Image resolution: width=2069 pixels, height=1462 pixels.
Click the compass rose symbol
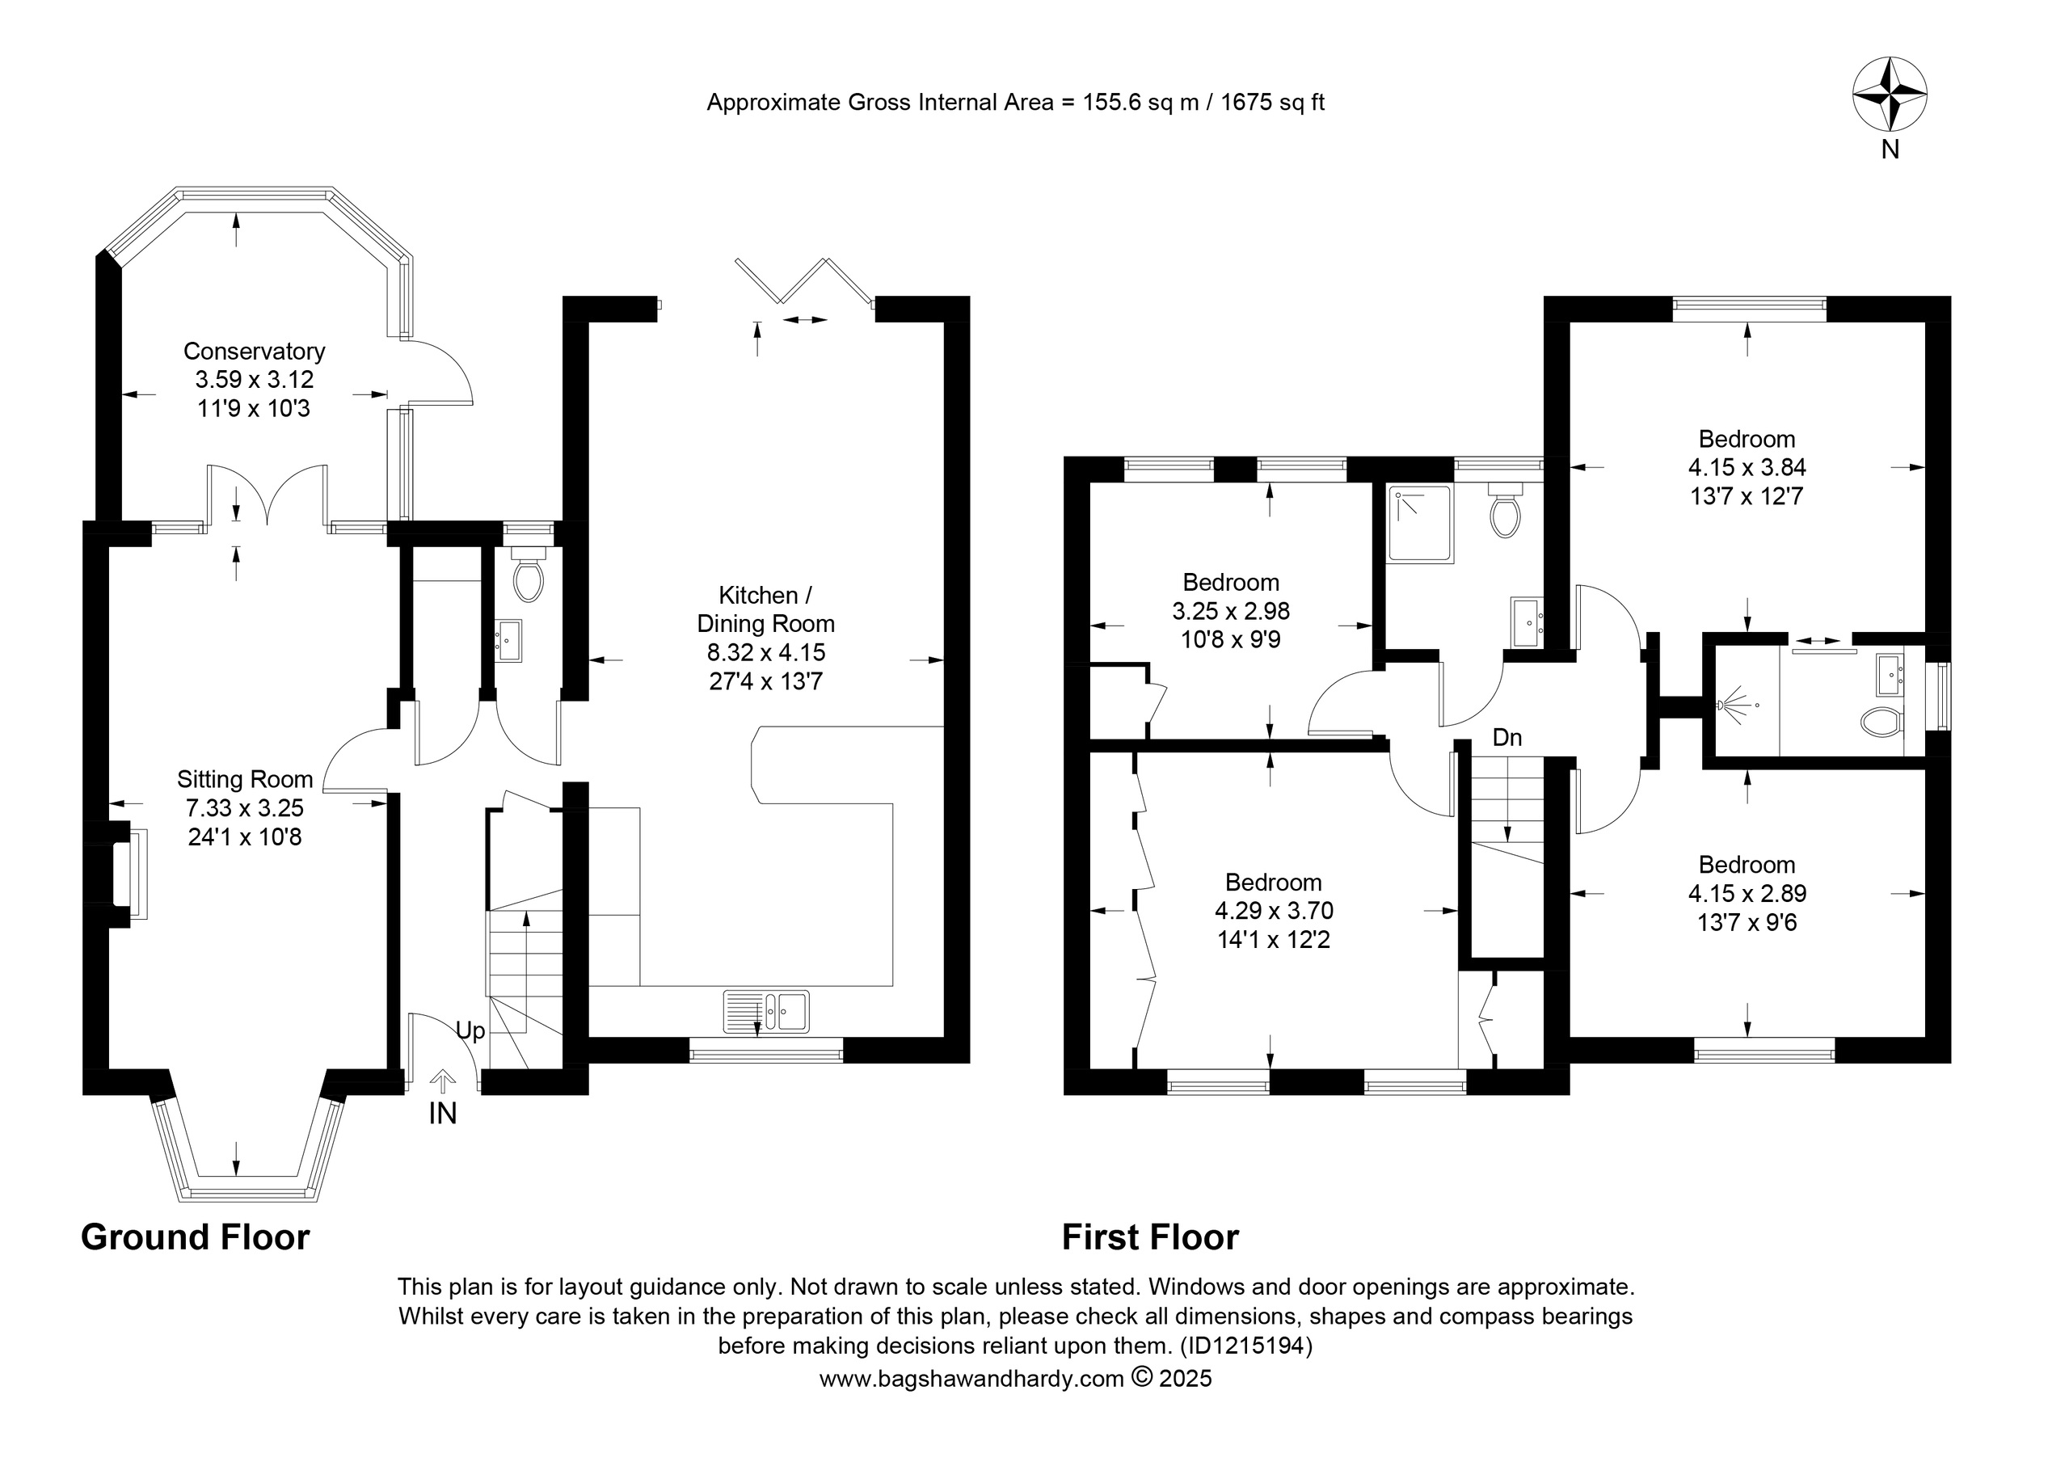(1890, 118)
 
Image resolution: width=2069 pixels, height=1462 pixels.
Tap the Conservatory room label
(254, 351)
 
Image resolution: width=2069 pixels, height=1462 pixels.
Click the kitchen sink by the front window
(766, 1010)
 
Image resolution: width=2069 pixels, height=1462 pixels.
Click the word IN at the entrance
(442, 1114)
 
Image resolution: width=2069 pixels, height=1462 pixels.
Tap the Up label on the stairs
(470, 1031)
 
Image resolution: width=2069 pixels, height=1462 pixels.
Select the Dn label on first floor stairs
(1506, 737)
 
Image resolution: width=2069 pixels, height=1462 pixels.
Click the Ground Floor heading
(196, 1237)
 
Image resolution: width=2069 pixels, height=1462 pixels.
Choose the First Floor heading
(1151, 1237)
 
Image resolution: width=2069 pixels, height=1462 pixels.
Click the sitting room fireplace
(127, 874)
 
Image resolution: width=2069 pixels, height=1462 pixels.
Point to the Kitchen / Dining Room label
(766, 609)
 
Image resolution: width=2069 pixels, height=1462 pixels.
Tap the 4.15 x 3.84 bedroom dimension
(1747, 467)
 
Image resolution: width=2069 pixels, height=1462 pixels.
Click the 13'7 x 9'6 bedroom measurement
(1747, 922)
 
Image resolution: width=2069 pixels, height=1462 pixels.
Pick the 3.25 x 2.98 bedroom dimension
(1231, 611)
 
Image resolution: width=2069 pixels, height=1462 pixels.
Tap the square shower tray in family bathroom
(1420, 524)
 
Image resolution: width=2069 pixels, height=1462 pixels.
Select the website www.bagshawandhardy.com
(971, 1378)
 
